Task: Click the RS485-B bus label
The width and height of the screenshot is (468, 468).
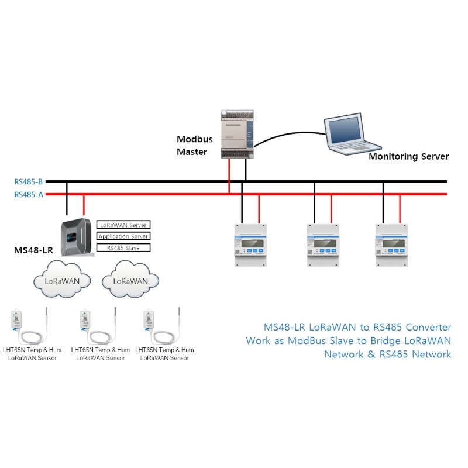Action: tap(29, 181)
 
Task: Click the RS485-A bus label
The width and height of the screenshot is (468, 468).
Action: tap(29, 194)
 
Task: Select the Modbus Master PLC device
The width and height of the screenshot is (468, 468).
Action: tap(238, 135)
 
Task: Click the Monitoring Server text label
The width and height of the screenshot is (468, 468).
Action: tap(408, 156)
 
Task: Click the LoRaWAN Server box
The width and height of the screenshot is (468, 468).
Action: tap(123, 225)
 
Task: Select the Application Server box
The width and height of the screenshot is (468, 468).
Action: tap(123, 236)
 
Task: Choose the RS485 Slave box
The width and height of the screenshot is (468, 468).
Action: tap(123, 248)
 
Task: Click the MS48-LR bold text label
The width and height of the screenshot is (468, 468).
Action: tap(33, 250)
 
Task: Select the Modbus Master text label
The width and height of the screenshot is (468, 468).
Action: tap(195, 146)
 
